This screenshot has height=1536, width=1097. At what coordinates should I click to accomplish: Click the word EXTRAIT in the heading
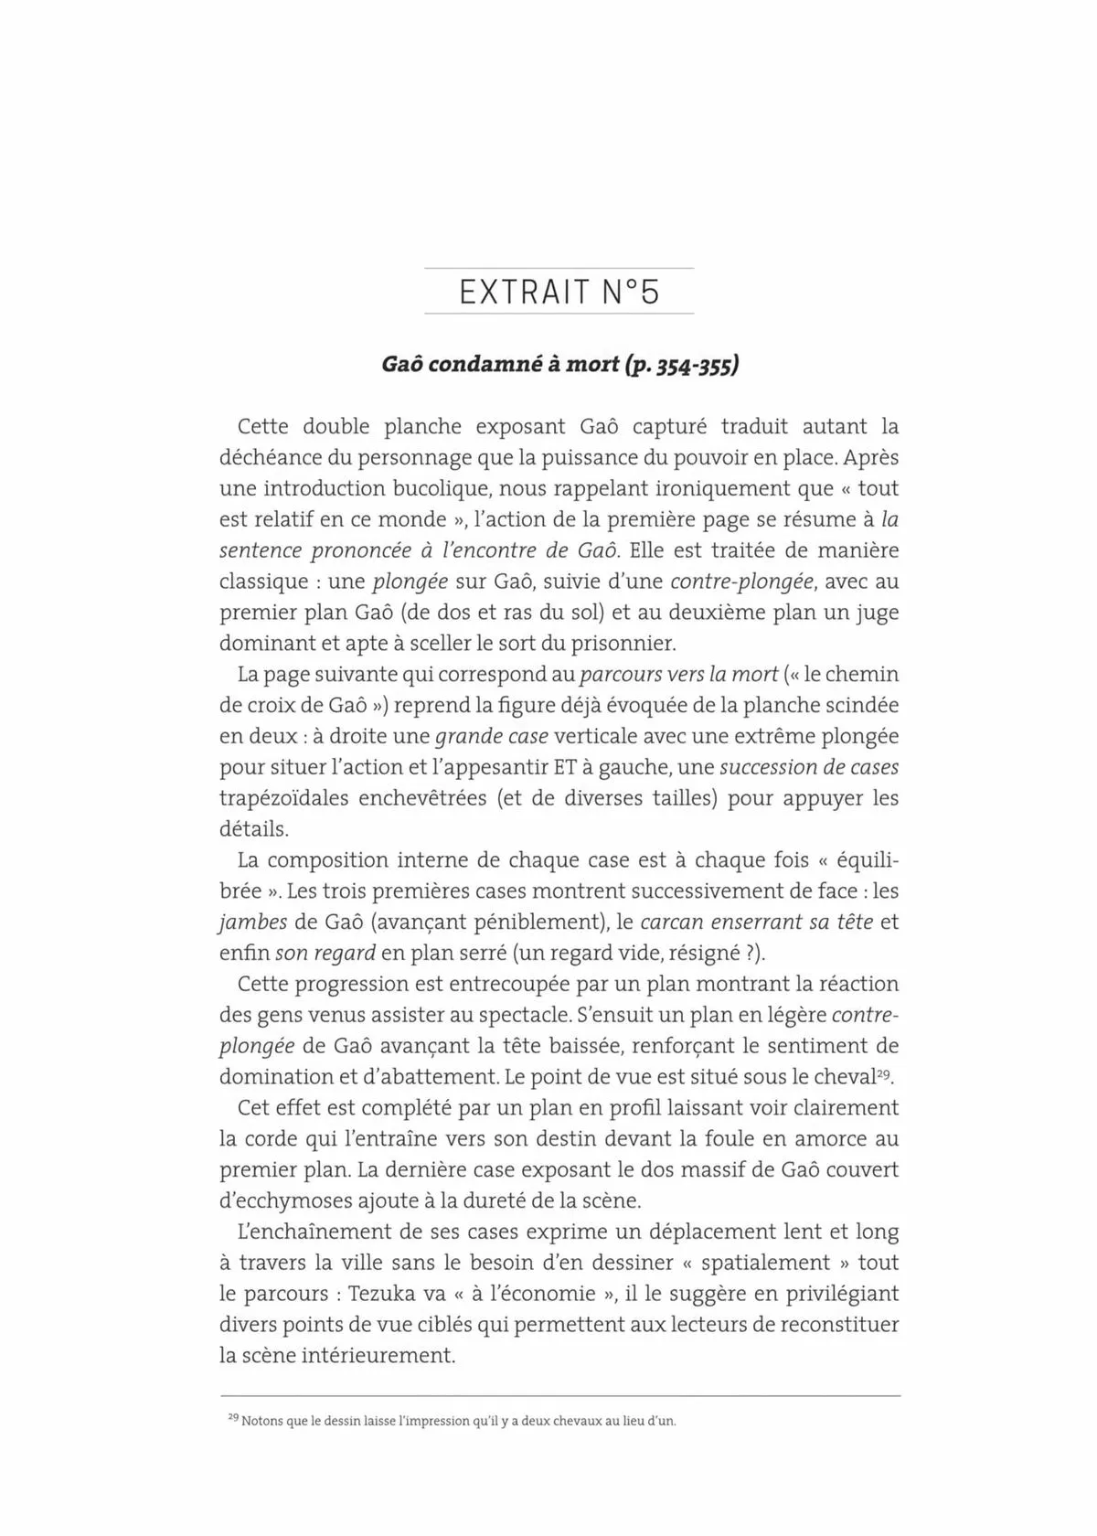(525, 292)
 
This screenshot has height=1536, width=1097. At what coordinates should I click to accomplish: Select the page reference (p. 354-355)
(680, 366)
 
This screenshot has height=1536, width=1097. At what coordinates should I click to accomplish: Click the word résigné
(702, 952)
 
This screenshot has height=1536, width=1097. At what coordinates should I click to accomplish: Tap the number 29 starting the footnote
(232, 1418)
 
